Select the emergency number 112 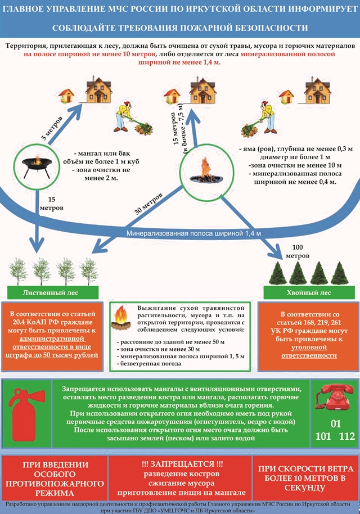point(347,436)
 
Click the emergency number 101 point(323,436)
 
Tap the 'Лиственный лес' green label point(53,293)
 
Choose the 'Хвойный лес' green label point(309,293)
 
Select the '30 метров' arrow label point(149,204)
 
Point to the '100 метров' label point(298,251)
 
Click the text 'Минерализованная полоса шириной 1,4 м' point(193,233)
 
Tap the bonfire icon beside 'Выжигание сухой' point(121,317)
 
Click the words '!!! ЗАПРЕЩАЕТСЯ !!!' point(182,464)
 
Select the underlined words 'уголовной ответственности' point(309,351)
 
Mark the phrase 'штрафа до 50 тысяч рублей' point(52,355)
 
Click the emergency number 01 point(335,424)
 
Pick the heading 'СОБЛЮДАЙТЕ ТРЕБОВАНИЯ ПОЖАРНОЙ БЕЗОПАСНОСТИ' point(180,28)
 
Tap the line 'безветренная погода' point(149,363)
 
